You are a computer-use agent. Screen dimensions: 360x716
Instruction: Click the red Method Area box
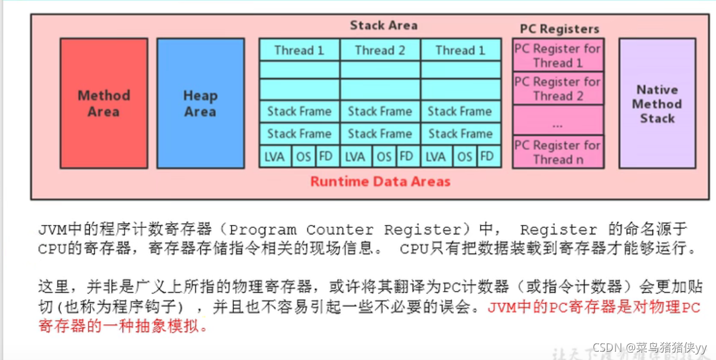point(103,104)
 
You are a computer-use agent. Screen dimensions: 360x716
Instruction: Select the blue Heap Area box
point(200,104)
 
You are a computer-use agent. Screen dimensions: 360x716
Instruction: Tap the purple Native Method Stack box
point(657,104)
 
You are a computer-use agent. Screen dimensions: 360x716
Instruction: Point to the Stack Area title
point(384,26)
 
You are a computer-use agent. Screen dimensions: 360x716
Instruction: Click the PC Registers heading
point(559,29)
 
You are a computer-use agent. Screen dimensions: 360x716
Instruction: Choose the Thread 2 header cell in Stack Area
point(380,51)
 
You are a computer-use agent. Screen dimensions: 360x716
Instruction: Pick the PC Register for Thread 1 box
point(558,56)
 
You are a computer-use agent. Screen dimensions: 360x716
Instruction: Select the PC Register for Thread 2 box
point(558,89)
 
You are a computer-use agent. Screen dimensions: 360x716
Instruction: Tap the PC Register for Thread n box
point(558,152)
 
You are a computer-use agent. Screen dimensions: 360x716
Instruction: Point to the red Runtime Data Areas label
point(380,181)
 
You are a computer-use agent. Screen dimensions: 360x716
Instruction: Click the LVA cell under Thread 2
point(355,156)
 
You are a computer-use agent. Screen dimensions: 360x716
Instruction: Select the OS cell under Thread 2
point(384,156)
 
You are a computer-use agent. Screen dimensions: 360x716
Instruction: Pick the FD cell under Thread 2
point(407,156)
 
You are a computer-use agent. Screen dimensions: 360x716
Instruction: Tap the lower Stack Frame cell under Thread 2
point(380,134)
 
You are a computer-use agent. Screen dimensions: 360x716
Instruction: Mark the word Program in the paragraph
point(262,230)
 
